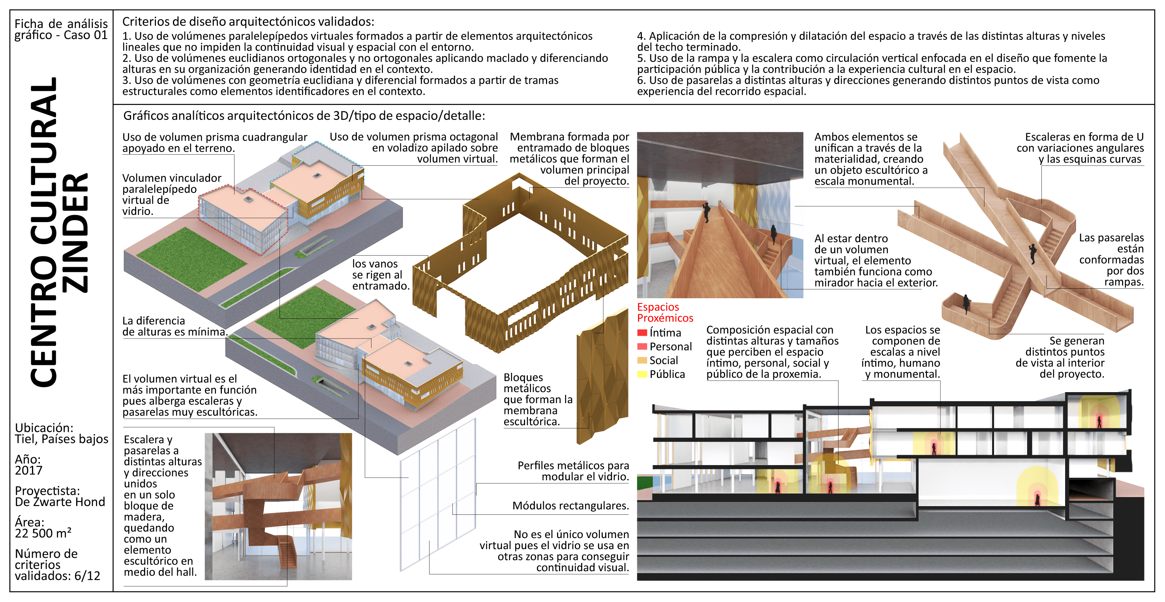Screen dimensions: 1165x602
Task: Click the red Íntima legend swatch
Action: click(x=642, y=333)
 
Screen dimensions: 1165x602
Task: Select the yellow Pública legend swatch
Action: click(x=642, y=374)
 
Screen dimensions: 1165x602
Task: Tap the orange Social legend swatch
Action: click(x=642, y=360)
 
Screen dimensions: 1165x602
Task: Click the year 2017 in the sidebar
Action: click(x=28, y=471)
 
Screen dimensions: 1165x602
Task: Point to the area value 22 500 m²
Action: click(x=43, y=533)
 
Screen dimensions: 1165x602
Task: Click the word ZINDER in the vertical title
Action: click(x=75, y=233)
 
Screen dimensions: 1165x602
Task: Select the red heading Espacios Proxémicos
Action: click(x=665, y=312)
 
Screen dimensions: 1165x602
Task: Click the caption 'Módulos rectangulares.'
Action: click(x=570, y=506)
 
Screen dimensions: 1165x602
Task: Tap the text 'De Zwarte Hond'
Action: click(x=60, y=502)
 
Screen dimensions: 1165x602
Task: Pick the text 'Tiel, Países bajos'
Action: click(x=62, y=439)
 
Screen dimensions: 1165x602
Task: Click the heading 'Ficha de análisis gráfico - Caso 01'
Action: click(x=61, y=29)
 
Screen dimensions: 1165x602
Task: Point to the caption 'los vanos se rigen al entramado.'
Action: click(x=381, y=275)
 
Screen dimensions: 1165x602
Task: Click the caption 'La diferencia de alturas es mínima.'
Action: click(x=174, y=326)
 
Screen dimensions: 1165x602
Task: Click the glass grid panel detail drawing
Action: click(x=438, y=495)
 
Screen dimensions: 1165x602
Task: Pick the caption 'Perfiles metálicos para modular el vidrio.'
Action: click(x=573, y=471)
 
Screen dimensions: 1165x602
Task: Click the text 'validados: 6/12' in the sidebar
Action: click(x=57, y=576)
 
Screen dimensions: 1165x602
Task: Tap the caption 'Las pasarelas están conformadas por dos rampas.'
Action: click(x=1111, y=260)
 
